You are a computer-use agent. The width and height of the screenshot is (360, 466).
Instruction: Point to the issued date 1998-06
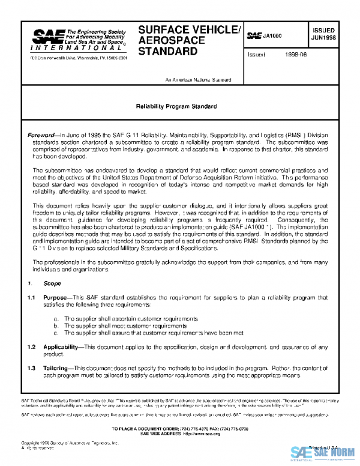[296, 55]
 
